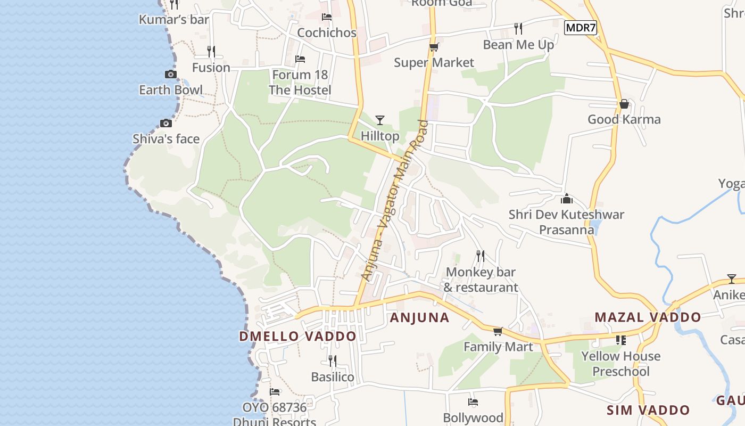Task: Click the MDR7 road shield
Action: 580,28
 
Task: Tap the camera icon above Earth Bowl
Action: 171,74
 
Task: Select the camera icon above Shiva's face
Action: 166,123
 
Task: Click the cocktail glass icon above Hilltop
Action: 379,120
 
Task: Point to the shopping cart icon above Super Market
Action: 434,47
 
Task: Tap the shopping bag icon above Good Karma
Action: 624,104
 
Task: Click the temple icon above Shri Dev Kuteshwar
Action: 567,199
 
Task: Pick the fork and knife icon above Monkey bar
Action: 481,256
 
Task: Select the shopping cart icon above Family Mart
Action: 498,332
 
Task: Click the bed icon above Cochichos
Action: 327,17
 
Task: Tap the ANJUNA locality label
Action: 420,318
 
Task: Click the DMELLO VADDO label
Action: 297,337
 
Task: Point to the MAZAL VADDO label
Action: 648,317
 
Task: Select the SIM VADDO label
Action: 648,410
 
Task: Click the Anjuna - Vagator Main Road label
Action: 394,201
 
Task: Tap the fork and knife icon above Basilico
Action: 333,361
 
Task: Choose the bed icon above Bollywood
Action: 473,402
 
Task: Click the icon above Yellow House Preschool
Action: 620,340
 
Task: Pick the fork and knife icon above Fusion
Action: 211,52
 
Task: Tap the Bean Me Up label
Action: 518,45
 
